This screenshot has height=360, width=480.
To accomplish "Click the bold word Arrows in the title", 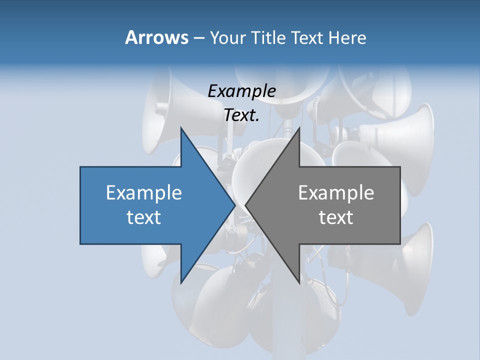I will pos(156,37).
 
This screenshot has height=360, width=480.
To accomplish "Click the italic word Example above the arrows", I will pos(242,91).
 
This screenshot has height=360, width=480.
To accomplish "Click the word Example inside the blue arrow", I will pos(144,192).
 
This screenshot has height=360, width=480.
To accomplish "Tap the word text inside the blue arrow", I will pos(144,217).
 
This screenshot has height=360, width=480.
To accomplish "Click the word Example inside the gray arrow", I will pos(336,192).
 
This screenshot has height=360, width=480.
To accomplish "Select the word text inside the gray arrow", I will pos(336,217).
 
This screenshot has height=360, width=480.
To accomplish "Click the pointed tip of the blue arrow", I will pos(235,205).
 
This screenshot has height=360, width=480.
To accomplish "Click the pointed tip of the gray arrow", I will pos(245,205).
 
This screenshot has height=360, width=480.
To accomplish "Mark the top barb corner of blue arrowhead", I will pos(181,128).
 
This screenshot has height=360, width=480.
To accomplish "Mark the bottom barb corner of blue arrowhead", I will pos(181,283).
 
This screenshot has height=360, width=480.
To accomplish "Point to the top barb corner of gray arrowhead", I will pos(299,128).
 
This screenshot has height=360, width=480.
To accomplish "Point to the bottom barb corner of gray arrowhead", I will pos(299,283).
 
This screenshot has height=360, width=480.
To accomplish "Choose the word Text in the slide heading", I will pos(307,37).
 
